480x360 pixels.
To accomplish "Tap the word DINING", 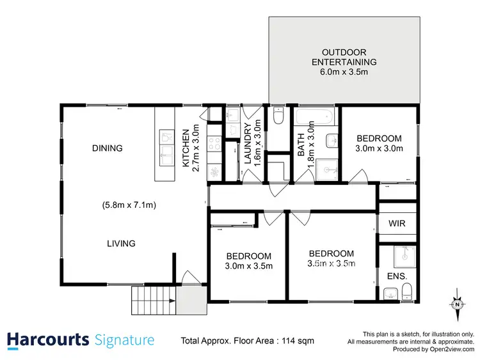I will (107, 148).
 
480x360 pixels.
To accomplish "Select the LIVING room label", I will (121, 243).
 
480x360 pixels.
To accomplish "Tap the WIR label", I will (397, 224).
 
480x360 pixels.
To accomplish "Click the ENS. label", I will (397, 277).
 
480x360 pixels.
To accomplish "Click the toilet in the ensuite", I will (408, 293).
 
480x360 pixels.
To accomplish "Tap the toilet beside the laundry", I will (278, 116).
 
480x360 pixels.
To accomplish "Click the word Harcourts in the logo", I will (47, 340).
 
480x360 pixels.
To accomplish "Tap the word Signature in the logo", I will (124, 340).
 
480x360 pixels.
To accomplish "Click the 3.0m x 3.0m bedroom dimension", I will (379, 149).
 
